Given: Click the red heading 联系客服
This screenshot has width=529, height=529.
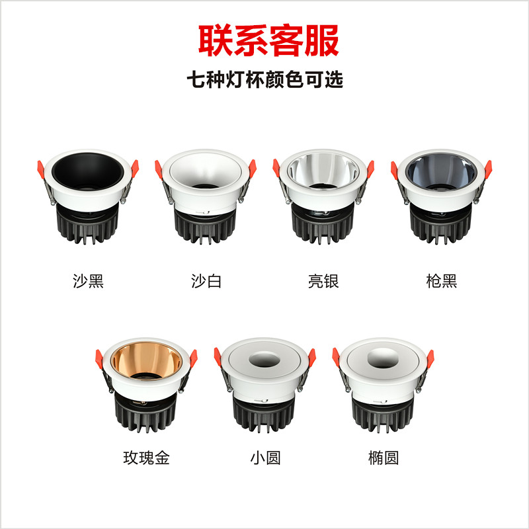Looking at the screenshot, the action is [x=268, y=40].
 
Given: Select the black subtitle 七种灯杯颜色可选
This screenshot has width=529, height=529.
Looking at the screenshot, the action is [x=265, y=79].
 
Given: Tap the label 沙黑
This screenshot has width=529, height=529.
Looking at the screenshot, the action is [x=88, y=281].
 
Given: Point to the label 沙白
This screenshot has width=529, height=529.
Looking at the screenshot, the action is [x=206, y=281].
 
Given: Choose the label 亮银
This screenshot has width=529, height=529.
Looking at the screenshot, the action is [x=323, y=281].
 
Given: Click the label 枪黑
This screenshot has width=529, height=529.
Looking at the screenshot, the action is [x=442, y=281].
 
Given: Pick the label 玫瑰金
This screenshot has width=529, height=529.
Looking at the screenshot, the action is [x=146, y=458].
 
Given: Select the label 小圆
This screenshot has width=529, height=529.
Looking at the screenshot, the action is [x=265, y=458].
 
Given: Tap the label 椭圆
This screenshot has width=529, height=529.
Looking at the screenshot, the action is [x=384, y=458].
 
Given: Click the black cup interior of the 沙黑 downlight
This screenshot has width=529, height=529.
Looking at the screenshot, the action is [x=88, y=171].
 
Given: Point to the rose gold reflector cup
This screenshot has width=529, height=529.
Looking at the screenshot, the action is [x=146, y=360].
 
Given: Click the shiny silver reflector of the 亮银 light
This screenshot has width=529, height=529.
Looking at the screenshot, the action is [x=323, y=171].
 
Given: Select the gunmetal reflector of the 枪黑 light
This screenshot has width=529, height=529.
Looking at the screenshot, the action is [x=441, y=171].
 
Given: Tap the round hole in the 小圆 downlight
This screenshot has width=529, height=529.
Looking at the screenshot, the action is [x=264, y=360].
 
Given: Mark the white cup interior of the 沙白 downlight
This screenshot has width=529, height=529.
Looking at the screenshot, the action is [x=206, y=171].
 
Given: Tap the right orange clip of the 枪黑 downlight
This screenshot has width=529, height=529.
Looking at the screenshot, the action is [x=488, y=169].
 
